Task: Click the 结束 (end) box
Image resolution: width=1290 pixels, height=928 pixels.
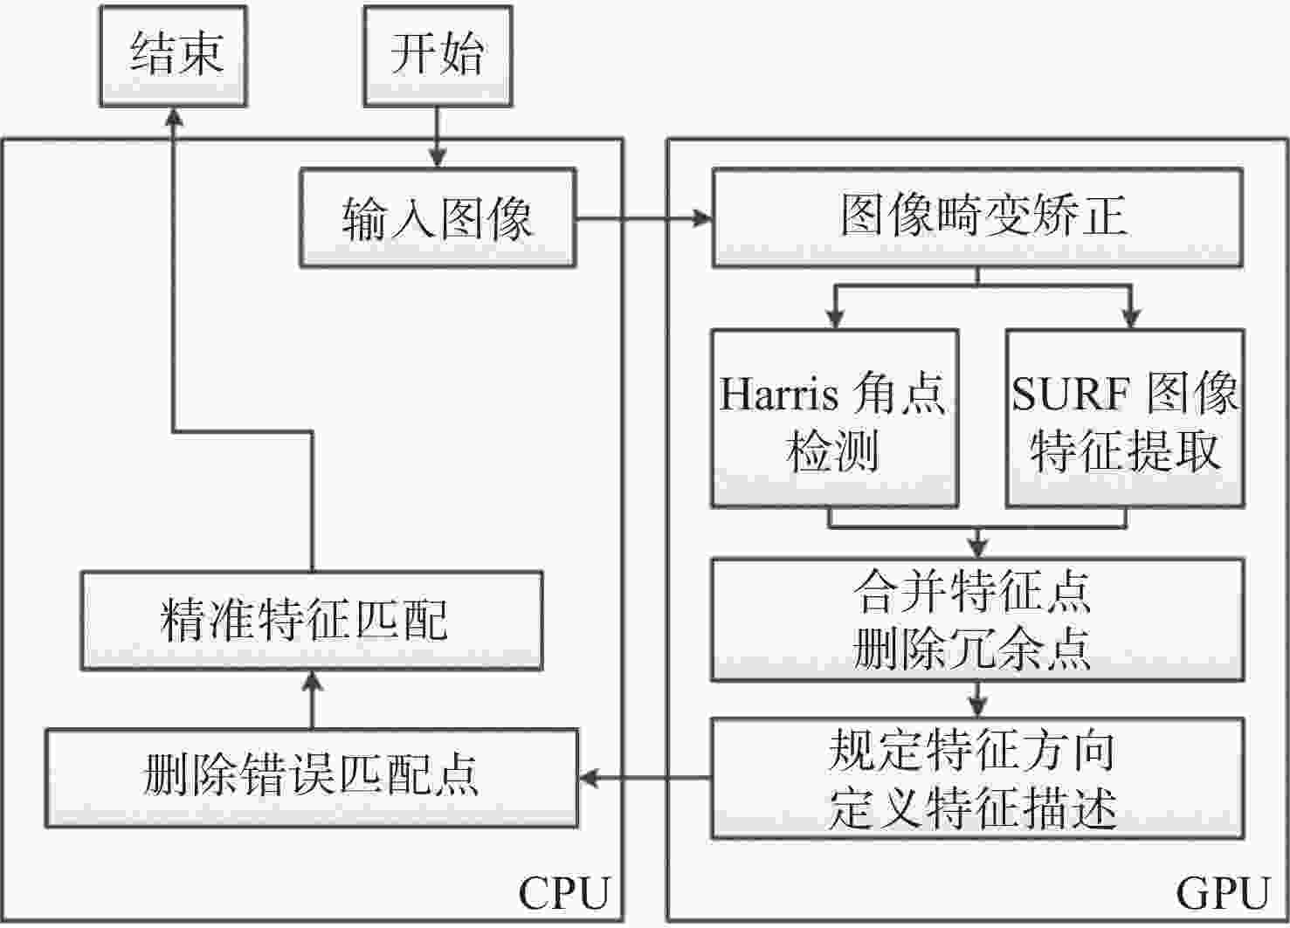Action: click(x=173, y=56)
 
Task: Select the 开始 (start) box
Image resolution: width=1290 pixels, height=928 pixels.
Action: click(x=438, y=56)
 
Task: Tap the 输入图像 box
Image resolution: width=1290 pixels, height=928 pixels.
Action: click(x=438, y=217)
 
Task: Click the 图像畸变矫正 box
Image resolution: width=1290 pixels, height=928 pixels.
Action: click(x=978, y=217)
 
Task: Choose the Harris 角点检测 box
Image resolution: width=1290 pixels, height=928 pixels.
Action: click(x=834, y=418)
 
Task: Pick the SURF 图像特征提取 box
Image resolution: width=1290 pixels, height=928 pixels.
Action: click(x=1125, y=418)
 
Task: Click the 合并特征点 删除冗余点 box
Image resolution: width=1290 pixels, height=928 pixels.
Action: click(x=978, y=620)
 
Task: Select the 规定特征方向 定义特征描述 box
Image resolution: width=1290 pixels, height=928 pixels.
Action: click(x=978, y=778)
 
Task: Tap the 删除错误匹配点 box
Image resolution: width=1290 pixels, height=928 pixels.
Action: click(x=312, y=778)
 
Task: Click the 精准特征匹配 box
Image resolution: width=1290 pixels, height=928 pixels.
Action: click(x=312, y=620)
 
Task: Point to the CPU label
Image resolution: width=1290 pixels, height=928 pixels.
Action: click(x=563, y=894)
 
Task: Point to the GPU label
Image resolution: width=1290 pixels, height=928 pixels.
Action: click(x=1222, y=894)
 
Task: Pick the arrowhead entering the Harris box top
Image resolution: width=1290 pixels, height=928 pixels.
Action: click(x=835, y=319)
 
